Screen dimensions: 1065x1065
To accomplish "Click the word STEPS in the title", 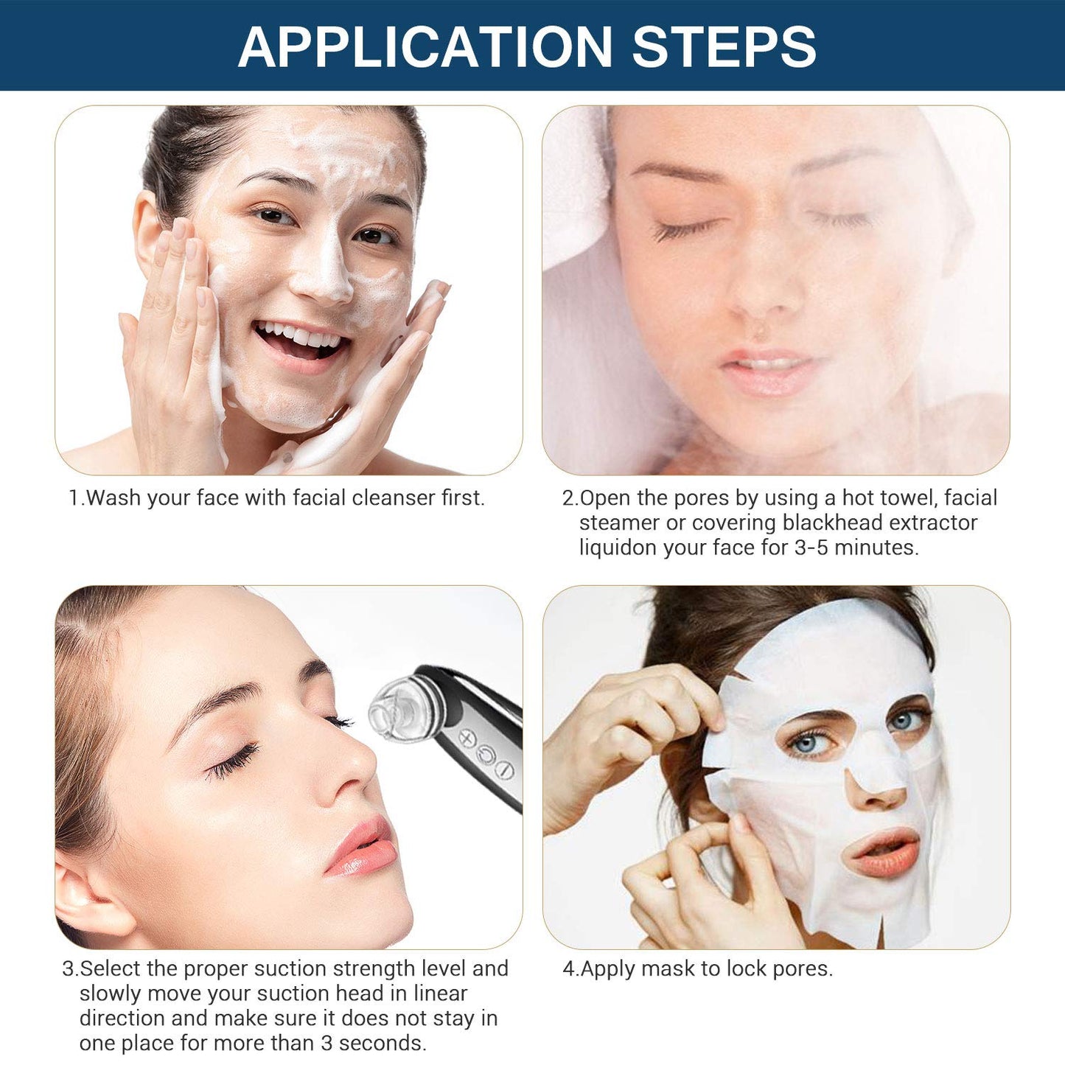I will tap(724, 46).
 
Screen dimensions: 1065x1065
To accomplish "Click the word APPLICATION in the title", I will tap(425, 46).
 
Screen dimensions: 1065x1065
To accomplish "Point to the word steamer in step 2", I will tap(619, 523).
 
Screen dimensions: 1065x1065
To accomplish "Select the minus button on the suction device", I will tap(504, 770).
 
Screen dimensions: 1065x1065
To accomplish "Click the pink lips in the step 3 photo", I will tap(363, 848).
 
